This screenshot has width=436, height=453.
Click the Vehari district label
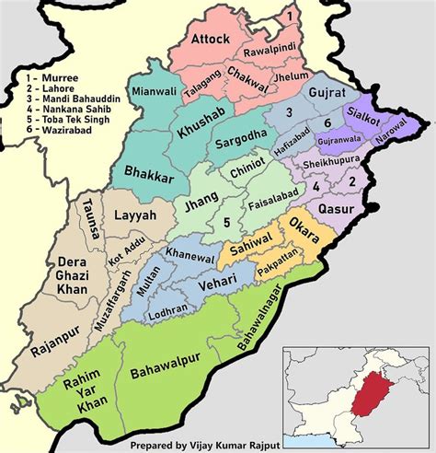click(221, 278)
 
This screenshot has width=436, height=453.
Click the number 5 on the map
click(225, 222)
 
